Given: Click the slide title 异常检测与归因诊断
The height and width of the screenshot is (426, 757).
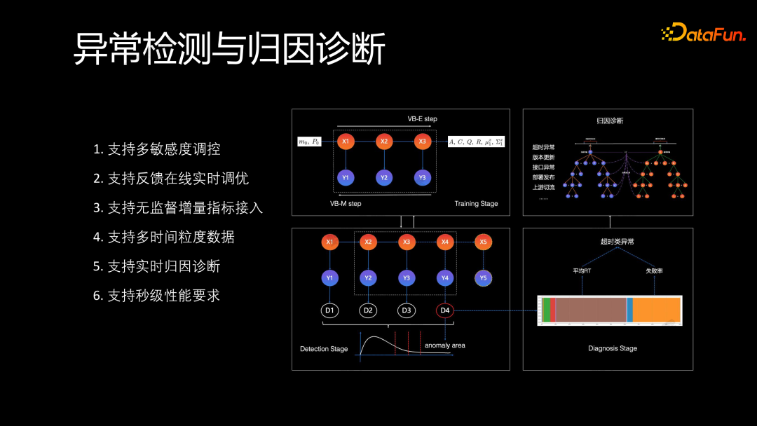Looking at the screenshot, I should [x=229, y=50].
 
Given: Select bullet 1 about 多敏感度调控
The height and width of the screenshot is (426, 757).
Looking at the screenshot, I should [x=157, y=149].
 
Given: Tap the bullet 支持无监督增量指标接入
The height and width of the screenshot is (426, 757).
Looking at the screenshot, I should [x=178, y=208].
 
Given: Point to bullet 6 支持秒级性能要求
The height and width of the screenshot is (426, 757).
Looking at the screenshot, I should [x=157, y=296].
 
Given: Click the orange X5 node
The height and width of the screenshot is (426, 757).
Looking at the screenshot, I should [x=482, y=242].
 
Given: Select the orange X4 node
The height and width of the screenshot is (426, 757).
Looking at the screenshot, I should [x=444, y=242].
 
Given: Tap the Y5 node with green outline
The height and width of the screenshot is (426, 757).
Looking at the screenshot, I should [x=482, y=278].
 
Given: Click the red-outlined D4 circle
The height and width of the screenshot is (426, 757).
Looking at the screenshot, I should [x=444, y=310].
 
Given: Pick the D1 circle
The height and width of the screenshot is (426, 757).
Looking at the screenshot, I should [x=330, y=310].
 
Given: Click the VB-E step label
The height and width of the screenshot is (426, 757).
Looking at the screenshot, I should [x=422, y=119].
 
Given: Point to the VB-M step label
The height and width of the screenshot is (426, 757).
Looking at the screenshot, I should [x=346, y=203].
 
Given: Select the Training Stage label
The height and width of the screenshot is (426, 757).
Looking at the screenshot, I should [x=476, y=204].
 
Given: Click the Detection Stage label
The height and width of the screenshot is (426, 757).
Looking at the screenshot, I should [x=324, y=349].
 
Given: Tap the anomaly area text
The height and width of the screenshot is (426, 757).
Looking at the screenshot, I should [x=444, y=345].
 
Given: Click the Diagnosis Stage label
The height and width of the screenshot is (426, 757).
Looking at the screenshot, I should [x=613, y=348].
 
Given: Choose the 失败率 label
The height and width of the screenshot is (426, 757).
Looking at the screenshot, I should [x=654, y=270].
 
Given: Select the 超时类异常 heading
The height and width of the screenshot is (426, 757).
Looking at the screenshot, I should [x=617, y=242].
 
